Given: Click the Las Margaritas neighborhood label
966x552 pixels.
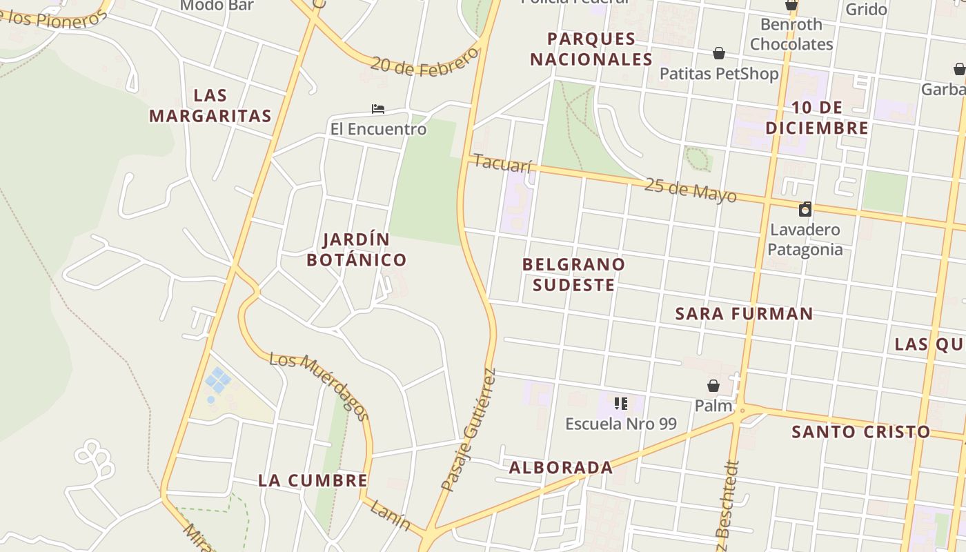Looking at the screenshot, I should [210, 106].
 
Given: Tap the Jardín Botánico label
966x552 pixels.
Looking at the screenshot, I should [357, 250].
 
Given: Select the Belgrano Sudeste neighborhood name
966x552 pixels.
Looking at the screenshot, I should [573, 275].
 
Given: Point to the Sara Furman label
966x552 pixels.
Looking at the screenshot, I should [744, 314].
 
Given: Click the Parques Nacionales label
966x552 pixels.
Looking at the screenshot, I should [591, 49].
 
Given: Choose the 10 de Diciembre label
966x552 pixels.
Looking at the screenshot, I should [817, 117].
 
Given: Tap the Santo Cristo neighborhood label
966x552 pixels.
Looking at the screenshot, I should [860, 433].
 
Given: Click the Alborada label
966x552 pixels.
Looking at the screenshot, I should [560, 468].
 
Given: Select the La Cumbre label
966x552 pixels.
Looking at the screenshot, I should [313, 481].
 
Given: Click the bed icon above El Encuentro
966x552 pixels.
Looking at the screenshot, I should [377, 109].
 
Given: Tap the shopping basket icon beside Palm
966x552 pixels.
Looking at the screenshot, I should [713, 386].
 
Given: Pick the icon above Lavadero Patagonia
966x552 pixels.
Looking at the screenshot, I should [805, 209].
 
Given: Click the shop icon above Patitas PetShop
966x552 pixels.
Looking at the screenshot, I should [719, 53].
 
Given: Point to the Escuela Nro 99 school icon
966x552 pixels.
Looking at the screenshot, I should [620, 404].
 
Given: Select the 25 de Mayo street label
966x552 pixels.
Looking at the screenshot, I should [690, 190].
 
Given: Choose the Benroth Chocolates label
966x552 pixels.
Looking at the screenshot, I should [791, 34].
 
